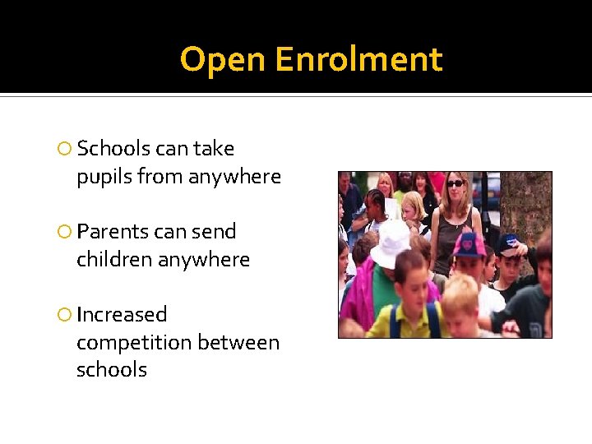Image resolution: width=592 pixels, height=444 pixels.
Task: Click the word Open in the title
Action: pyautogui.click(x=223, y=60)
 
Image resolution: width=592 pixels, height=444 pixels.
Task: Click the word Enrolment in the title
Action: pyautogui.click(x=358, y=60)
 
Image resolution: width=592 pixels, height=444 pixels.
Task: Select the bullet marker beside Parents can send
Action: pyautogui.click(x=65, y=233)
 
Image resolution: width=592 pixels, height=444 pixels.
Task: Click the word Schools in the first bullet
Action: pyautogui.click(x=113, y=149)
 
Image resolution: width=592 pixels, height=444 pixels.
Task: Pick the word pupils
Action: pyautogui.click(x=104, y=178)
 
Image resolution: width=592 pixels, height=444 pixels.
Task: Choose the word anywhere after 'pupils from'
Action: pyautogui.click(x=234, y=178)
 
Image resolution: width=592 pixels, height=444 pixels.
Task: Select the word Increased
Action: pyautogui.click(x=122, y=315)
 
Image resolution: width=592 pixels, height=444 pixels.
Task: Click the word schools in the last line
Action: pyautogui.click(x=111, y=370)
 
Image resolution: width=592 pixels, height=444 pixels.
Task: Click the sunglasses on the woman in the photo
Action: pyautogui.click(x=455, y=183)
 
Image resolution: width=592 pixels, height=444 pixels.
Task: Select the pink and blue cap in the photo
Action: pyautogui.click(x=469, y=244)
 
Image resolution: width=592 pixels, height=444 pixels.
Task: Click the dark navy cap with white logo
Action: pyautogui.click(x=509, y=243)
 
